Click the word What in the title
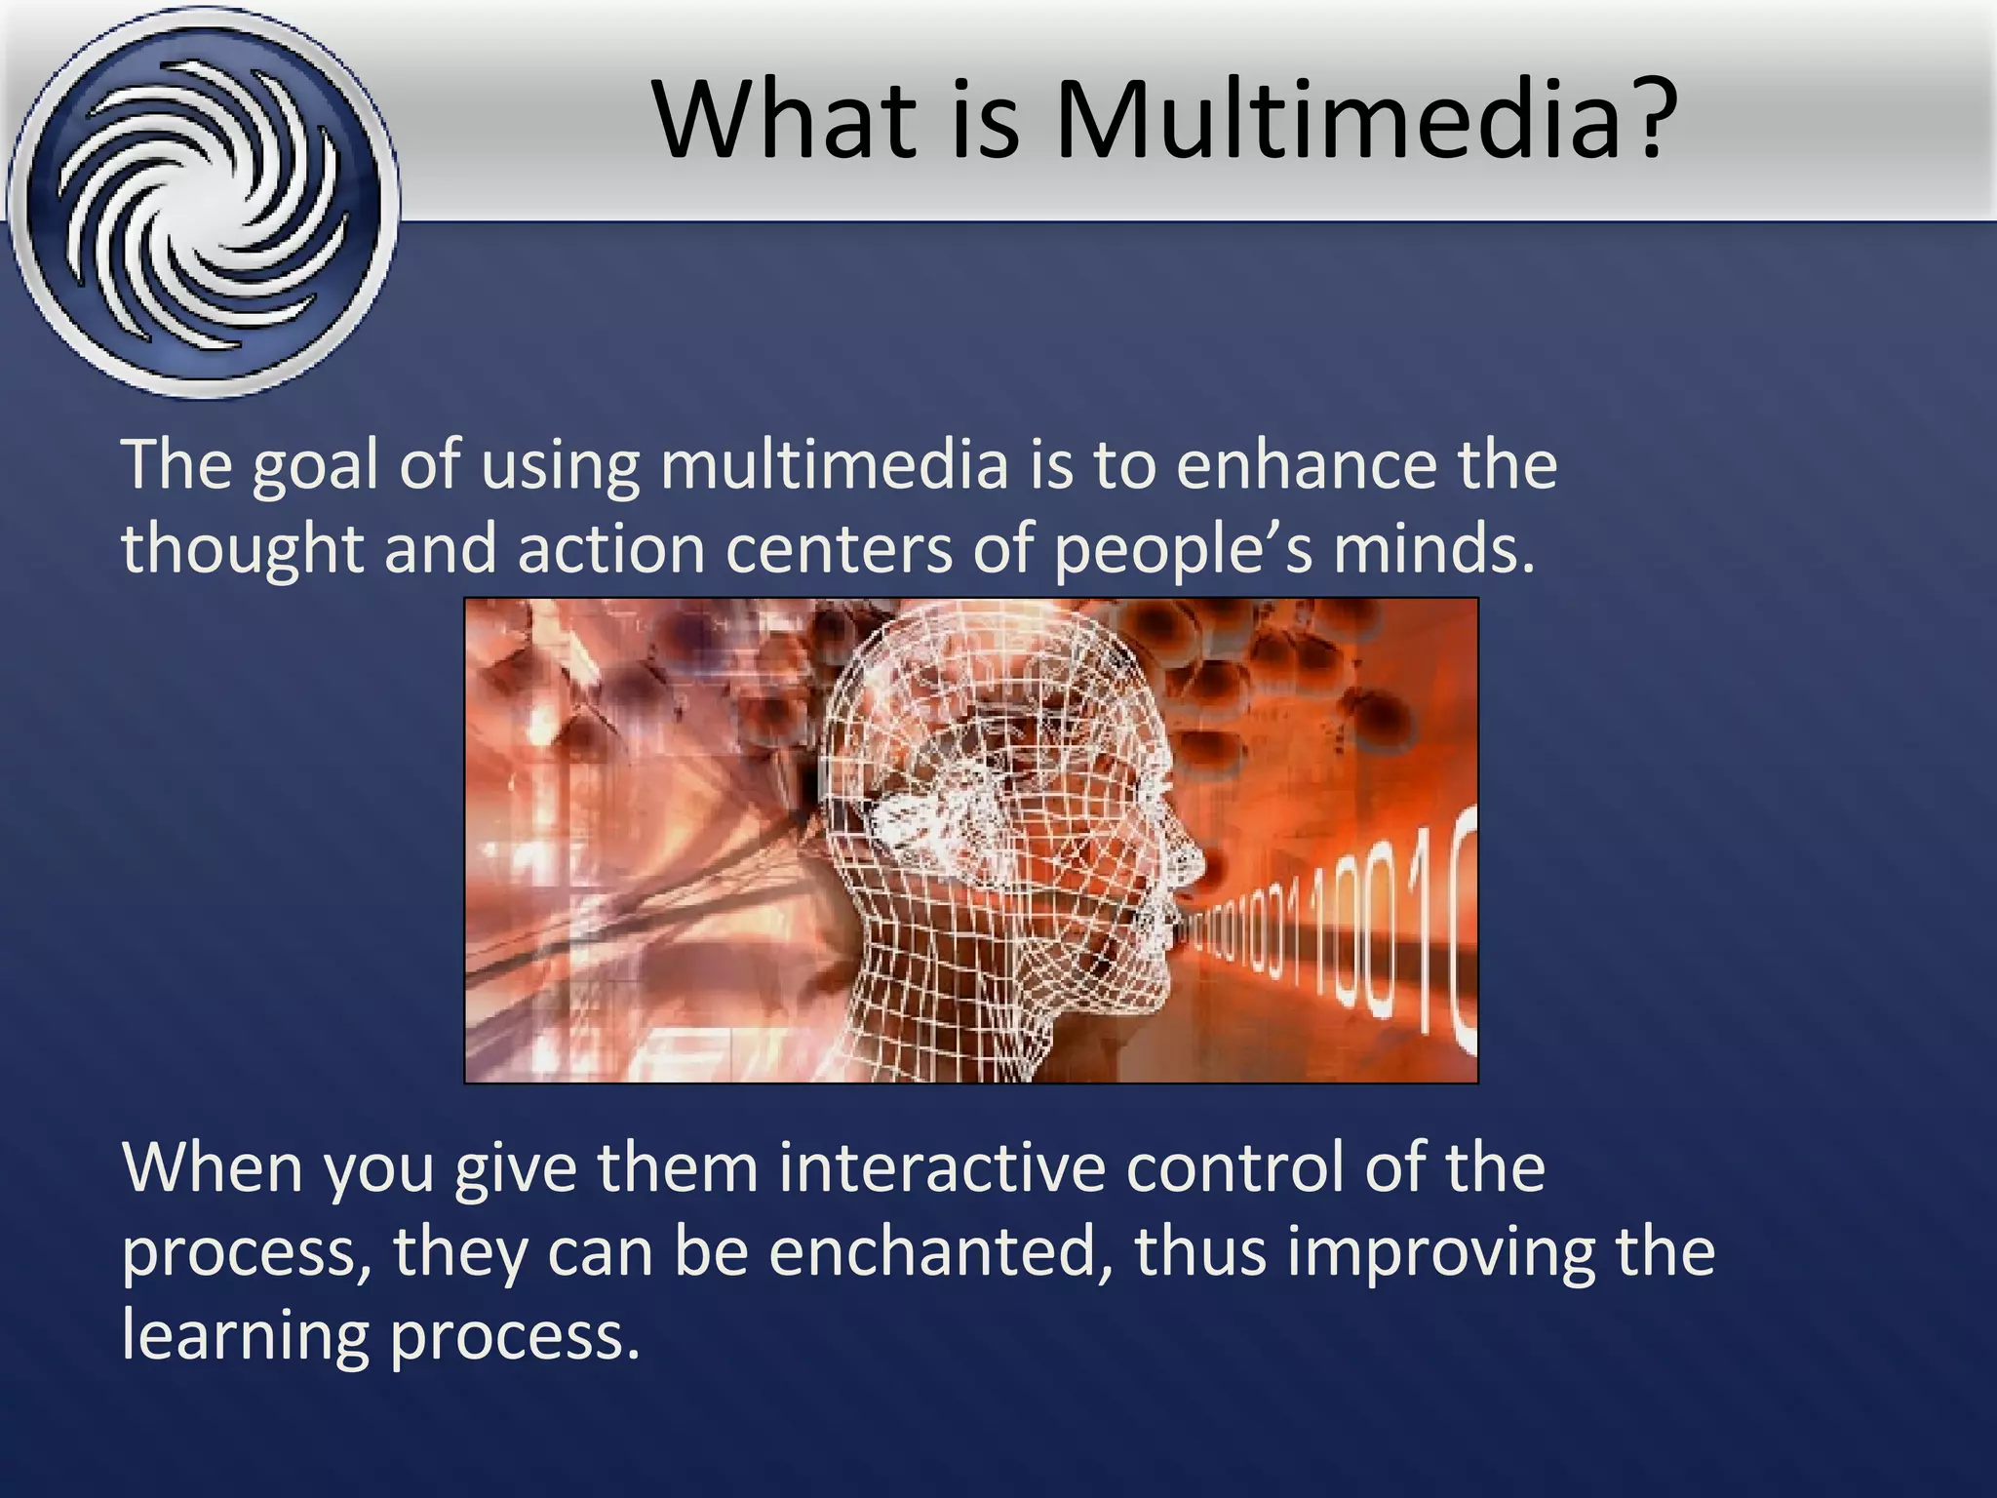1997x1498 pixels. [x=786, y=120]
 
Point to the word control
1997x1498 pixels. [x=1234, y=1166]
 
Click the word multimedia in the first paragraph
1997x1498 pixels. [x=834, y=464]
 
